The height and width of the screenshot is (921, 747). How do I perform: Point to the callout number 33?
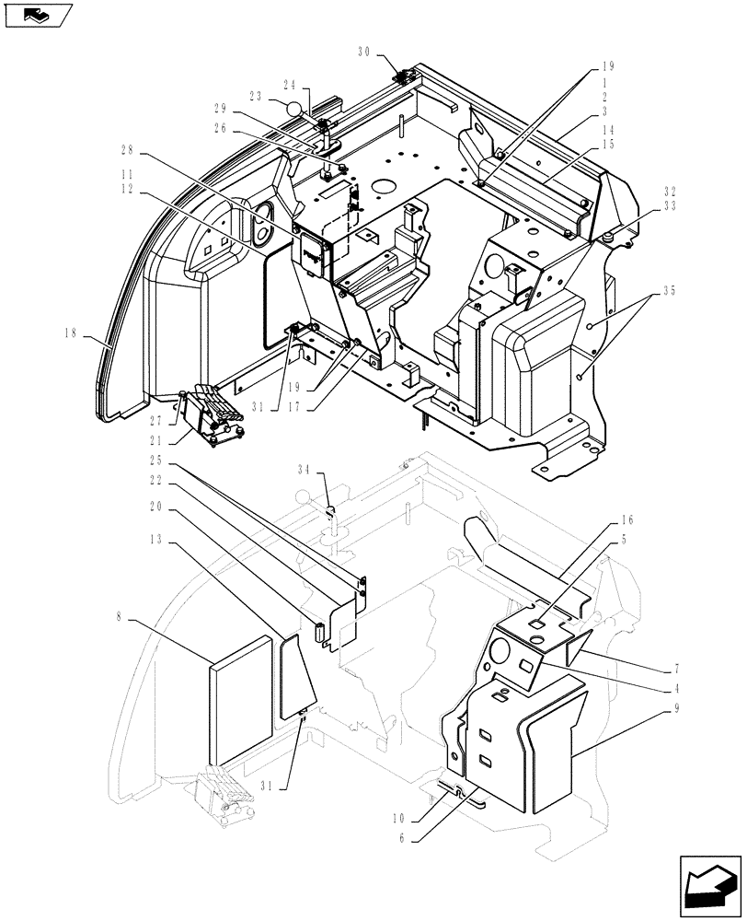point(670,207)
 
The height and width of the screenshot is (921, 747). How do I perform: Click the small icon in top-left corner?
point(37,14)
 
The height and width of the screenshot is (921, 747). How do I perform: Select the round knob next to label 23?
point(293,110)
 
